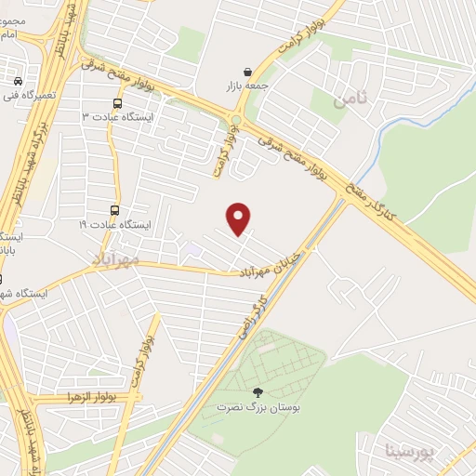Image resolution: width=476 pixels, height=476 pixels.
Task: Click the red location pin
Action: pyautogui.click(x=240, y=218)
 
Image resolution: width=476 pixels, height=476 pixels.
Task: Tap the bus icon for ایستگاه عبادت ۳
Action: pyautogui.click(x=117, y=103)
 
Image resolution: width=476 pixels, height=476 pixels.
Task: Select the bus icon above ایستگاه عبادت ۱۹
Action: pyautogui.click(x=114, y=211)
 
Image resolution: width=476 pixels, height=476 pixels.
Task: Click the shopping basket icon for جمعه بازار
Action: pyautogui.click(x=247, y=72)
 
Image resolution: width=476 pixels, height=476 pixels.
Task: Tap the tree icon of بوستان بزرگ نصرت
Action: pyautogui.click(x=258, y=393)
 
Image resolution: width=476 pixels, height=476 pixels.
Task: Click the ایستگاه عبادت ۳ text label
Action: pyautogui.click(x=116, y=118)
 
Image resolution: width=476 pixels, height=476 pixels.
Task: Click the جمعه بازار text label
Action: pyautogui.click(x=246, y=86)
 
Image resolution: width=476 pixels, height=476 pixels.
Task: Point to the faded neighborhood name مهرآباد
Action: pyautogui.click(x=115, y=258)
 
